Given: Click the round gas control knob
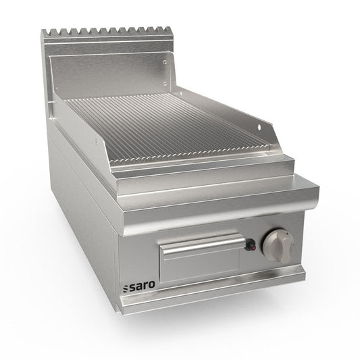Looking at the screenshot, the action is [x=278, y=246].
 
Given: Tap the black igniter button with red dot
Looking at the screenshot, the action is [x=251, y=245].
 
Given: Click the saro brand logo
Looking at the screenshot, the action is [x=139, y=286].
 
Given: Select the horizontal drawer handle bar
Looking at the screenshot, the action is [x=203, y=244].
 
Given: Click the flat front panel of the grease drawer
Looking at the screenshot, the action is [x=200, y=265].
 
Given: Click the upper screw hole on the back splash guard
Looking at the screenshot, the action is [x=165, y=62].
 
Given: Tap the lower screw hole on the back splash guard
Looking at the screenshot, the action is [x=165, y=83].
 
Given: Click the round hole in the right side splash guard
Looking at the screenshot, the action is [x=259, y=126].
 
